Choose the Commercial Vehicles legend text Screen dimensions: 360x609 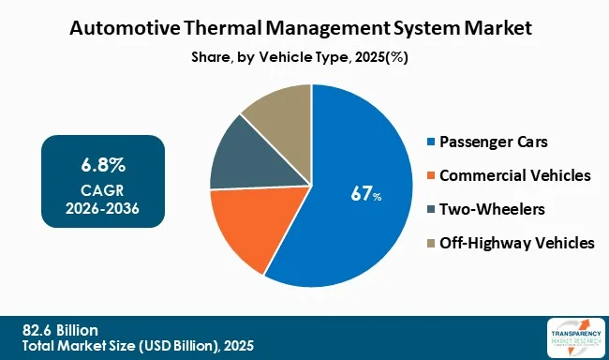[514, 175]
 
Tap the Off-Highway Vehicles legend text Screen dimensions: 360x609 [516, 242]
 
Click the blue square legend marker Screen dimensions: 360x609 [430, 142]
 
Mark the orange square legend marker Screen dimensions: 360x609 [430, 176]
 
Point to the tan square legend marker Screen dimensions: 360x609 [430, 243]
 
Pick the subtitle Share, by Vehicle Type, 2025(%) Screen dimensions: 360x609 [305, 56]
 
